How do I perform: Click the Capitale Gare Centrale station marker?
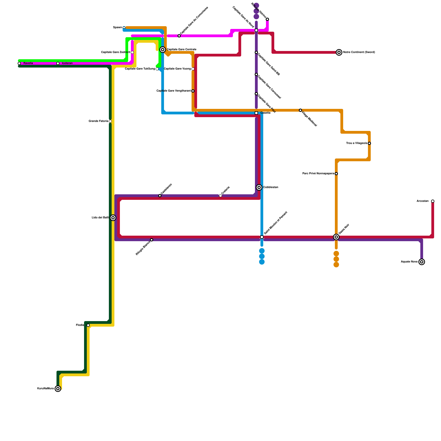163,50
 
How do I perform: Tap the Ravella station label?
28,63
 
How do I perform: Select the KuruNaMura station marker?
58,389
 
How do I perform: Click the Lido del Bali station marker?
113,218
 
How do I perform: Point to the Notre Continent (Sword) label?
359,52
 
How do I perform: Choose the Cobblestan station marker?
259,187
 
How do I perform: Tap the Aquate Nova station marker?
422,262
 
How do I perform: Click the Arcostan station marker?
433,201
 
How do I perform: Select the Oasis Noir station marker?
336,237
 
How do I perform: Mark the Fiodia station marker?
88,325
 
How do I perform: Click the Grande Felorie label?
98,121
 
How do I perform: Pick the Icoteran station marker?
58,63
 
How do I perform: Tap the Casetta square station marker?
256,113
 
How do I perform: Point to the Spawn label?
117,28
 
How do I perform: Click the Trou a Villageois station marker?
369,143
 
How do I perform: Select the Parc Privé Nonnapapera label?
318,174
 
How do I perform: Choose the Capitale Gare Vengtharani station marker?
193,91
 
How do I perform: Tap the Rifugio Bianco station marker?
152,240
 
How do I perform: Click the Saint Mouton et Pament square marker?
262,237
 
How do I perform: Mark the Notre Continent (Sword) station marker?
339,52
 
